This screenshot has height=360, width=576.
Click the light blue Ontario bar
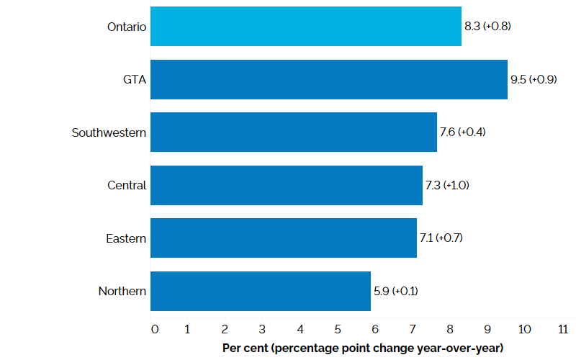point(306,27)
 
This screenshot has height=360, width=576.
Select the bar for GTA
point(329,79)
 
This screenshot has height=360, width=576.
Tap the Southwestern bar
point(294,132)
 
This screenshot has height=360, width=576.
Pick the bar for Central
point(287,185)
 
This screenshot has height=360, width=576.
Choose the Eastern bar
point(284,238)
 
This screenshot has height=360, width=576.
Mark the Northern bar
point(261,291)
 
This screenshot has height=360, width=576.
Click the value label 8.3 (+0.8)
point(487,27)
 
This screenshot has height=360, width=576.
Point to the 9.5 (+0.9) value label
point(534,79)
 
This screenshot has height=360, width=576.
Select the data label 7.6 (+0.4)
point(462,132)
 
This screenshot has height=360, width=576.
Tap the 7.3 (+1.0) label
point(448,185)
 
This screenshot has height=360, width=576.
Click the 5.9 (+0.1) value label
point(395,291)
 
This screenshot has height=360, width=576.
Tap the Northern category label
point(122,291)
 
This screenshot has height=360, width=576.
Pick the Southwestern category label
point(109,132)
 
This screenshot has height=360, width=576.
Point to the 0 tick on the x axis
point(155,329)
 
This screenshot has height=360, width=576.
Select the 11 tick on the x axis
point(563,329)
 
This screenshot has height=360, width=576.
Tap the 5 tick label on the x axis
point(338,329)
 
